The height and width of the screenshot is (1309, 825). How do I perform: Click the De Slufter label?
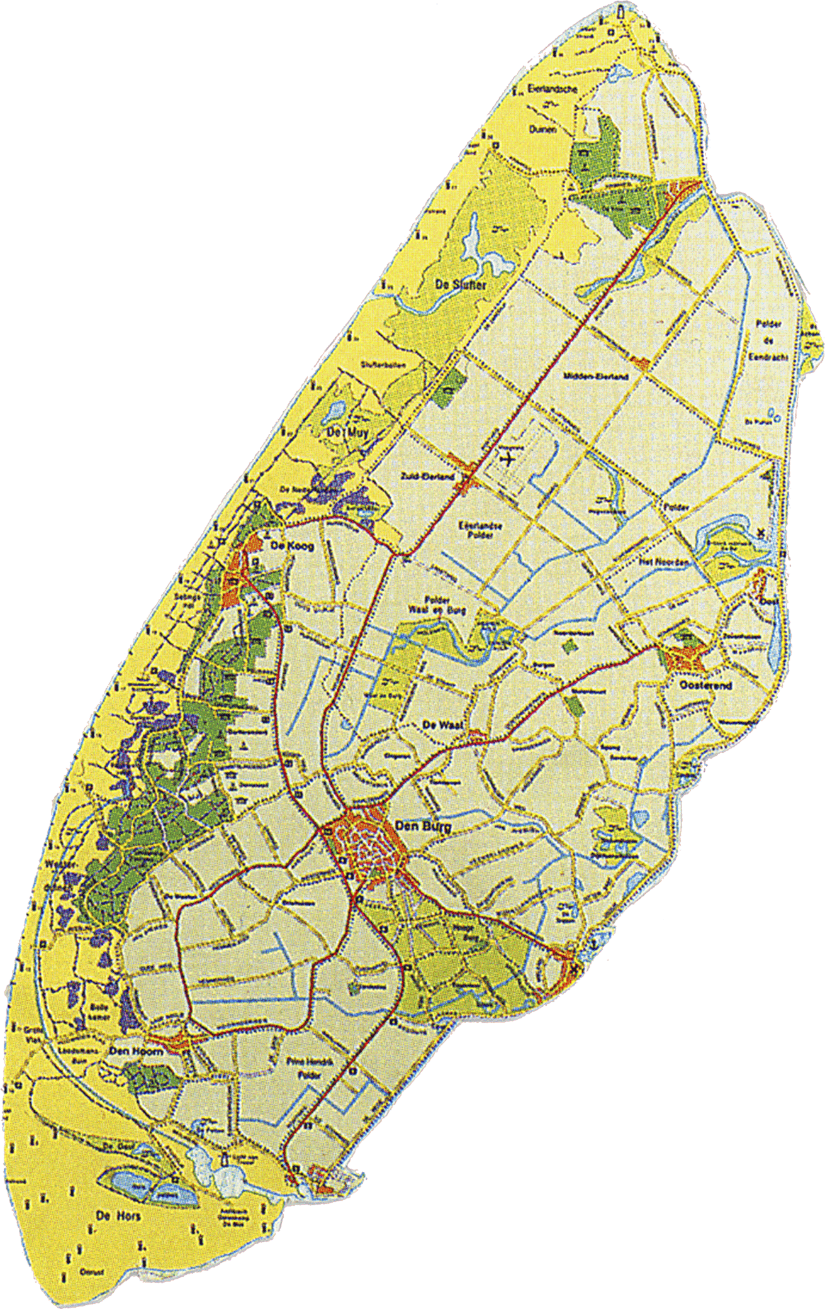(461, 284)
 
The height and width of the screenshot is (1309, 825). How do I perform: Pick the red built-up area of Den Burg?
(365, 846)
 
